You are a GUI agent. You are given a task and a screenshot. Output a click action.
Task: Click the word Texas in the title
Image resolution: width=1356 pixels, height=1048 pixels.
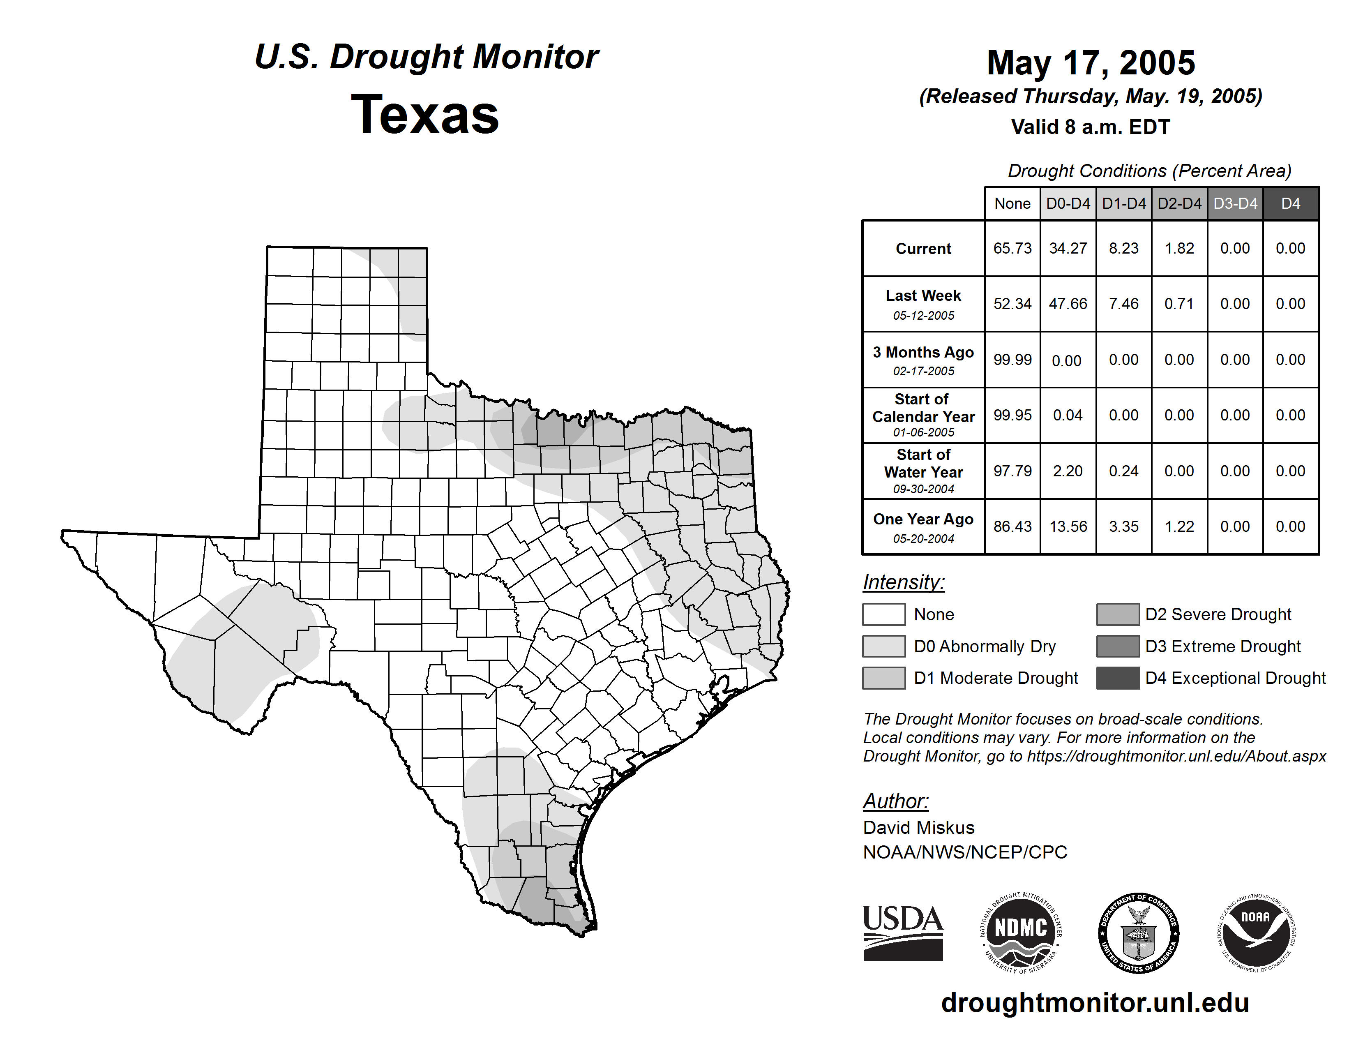(425, 114)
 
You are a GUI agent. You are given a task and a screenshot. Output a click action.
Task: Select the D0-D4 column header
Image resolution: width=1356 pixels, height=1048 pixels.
(1068, 203)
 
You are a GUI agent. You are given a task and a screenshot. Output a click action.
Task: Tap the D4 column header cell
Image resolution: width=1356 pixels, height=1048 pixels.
(1290, 203)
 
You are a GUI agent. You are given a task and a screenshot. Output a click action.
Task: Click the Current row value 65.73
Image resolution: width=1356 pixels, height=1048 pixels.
(1012, 248)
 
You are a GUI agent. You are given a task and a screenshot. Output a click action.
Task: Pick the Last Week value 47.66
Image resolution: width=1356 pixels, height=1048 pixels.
(1068, 304)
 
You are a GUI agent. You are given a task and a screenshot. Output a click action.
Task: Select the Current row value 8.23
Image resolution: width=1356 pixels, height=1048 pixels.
(1124, 248)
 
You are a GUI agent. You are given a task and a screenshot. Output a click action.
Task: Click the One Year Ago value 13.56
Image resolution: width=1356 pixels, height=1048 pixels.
(1068, 526)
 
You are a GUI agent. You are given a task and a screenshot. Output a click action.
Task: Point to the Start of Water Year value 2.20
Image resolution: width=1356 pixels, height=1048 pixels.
(1068, 471)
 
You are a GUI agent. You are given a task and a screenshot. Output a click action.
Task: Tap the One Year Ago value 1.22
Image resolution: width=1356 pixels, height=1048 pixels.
(1179, 526)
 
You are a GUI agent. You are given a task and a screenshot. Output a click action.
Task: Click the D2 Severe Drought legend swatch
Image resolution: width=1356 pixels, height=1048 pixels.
(1118, 614)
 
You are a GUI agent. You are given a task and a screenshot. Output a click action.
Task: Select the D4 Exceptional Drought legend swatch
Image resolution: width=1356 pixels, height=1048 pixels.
(1118, 678)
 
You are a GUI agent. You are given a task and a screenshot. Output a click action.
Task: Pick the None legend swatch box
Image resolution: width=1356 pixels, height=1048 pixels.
(883, 614)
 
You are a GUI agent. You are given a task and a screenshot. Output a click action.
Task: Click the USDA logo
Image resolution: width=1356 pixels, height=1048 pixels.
(903, 933)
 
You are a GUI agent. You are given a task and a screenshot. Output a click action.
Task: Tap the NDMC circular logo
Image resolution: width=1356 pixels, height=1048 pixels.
(1021, 933)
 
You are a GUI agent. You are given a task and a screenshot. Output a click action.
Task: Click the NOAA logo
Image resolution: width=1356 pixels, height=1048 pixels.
(1255, 933)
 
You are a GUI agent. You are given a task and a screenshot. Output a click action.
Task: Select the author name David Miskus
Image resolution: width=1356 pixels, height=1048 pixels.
(918, 828)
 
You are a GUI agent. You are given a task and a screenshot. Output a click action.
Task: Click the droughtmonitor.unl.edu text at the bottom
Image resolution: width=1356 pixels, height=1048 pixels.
(1095, 1003)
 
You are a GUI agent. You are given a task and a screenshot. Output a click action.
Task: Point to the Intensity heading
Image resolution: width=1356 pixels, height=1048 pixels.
(903, 582)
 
